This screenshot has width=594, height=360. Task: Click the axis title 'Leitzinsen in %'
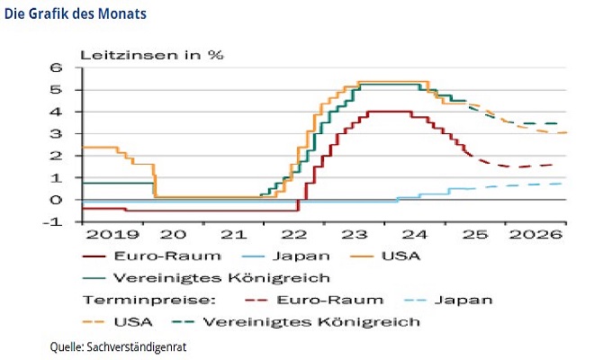[152, 53]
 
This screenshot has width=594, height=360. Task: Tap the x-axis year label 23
[355, 234]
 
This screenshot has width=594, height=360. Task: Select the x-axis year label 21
[232, 234]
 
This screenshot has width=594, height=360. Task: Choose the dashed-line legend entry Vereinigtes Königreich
[312, 320]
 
